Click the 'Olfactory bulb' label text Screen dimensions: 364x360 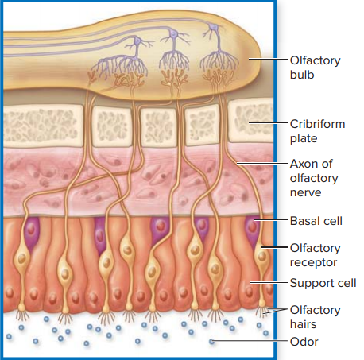pos(315,68)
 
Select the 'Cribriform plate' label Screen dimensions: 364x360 pos(317,131)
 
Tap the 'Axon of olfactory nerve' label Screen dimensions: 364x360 pos(314,178)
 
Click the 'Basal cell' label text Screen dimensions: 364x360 pos(316,221)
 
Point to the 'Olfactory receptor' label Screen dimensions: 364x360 pos(315,255)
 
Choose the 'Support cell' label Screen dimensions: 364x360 pos(323,283)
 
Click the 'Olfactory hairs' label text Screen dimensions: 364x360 pos(315,317)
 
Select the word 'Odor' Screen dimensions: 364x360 pos(304,342)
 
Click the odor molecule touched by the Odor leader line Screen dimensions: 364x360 pos(211,342)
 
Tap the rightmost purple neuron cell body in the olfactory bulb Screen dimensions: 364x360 pos(214,27)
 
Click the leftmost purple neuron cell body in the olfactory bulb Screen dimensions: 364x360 pos(137,41)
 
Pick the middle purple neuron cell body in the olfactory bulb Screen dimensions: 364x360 pos(173,33)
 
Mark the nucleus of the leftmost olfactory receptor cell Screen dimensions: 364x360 pos(22,258)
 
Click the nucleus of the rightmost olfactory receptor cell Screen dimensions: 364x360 pos(262,256)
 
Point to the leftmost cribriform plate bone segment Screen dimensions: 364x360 pos(42,126)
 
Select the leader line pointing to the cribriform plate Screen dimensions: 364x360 pos(268,123)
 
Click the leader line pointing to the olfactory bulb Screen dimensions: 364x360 pos(268,60)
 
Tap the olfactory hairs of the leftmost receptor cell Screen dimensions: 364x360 pos(22,315)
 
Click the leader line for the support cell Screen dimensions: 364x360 pos(268,283)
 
